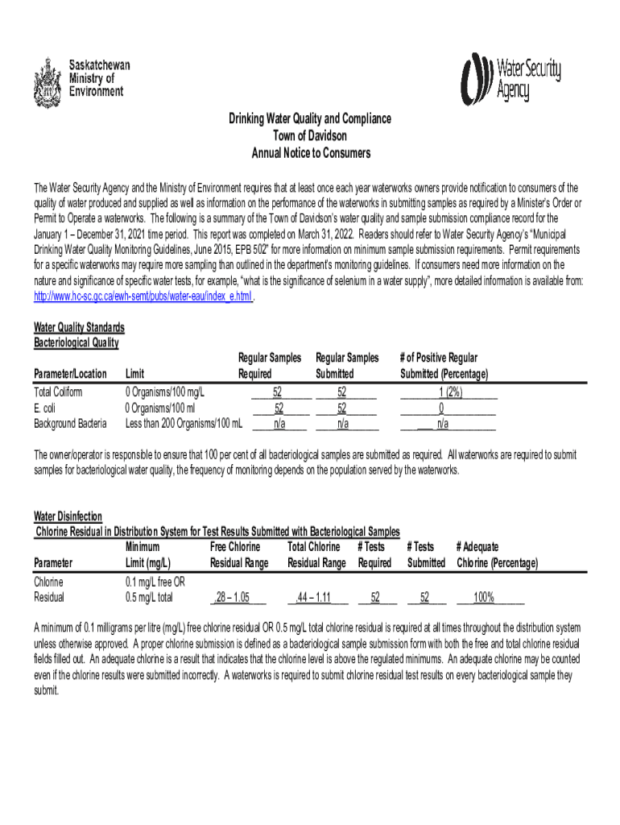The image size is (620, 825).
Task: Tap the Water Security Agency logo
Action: [x=510, y=79]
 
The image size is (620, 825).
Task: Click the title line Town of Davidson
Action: [x=310, y=135]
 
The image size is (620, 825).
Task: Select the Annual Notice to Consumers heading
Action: [x=310, y=152]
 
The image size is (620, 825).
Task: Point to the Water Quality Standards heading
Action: [x=79, y=328]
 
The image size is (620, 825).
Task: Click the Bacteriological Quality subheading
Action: [x=76, y=343]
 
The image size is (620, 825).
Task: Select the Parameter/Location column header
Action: [x=70, y=374]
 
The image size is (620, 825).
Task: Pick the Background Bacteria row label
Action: [x=70, y=424]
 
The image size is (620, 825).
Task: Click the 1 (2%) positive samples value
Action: [x=448, y=392]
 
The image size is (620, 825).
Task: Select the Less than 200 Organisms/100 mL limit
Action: [x=184, y=424]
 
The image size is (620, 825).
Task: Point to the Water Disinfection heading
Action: [x=68, y=516]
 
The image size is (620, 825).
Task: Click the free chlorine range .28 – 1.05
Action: [x=239, y=598]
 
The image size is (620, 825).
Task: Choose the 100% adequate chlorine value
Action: [x=484, y=598]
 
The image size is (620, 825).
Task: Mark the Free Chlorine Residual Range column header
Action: [x=239, y=555]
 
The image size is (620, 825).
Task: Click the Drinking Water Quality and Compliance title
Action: [x=310, y=118]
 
